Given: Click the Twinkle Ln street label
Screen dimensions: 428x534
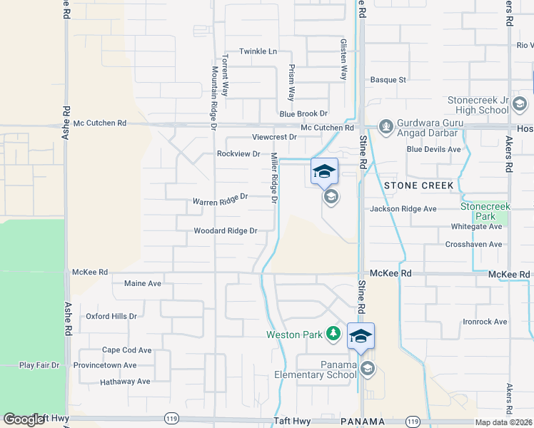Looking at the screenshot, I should coord(258,51).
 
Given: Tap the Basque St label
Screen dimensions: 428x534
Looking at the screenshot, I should coord(388,80).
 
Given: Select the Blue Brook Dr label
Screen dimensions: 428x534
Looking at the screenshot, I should coord(303,113).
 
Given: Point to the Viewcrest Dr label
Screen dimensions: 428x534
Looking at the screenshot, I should coord(274,137).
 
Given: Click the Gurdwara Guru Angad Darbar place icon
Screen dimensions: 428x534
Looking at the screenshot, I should coord(386,127).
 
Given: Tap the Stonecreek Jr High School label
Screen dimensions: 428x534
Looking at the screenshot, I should coord(478,106).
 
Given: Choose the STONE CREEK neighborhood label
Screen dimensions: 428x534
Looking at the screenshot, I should coord(418,185).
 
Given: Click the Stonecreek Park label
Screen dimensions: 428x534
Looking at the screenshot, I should coord(478,210).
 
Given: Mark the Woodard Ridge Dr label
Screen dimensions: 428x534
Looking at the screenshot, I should coord(225,231).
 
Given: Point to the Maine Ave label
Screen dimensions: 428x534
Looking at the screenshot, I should coord(143,283).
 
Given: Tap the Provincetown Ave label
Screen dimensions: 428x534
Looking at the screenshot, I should coord(109,365).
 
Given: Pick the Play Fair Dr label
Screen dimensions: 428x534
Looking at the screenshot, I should coord(39,365).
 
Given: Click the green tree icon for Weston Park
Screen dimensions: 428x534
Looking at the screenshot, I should coord(333,333).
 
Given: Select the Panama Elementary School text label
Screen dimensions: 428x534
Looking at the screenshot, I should coord(316,370).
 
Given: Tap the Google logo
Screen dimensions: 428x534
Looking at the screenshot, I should coord(24,419).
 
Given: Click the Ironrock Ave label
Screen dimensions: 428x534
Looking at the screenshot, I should coord(485,322).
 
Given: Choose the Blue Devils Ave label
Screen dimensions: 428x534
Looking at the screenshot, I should coord(434,149).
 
